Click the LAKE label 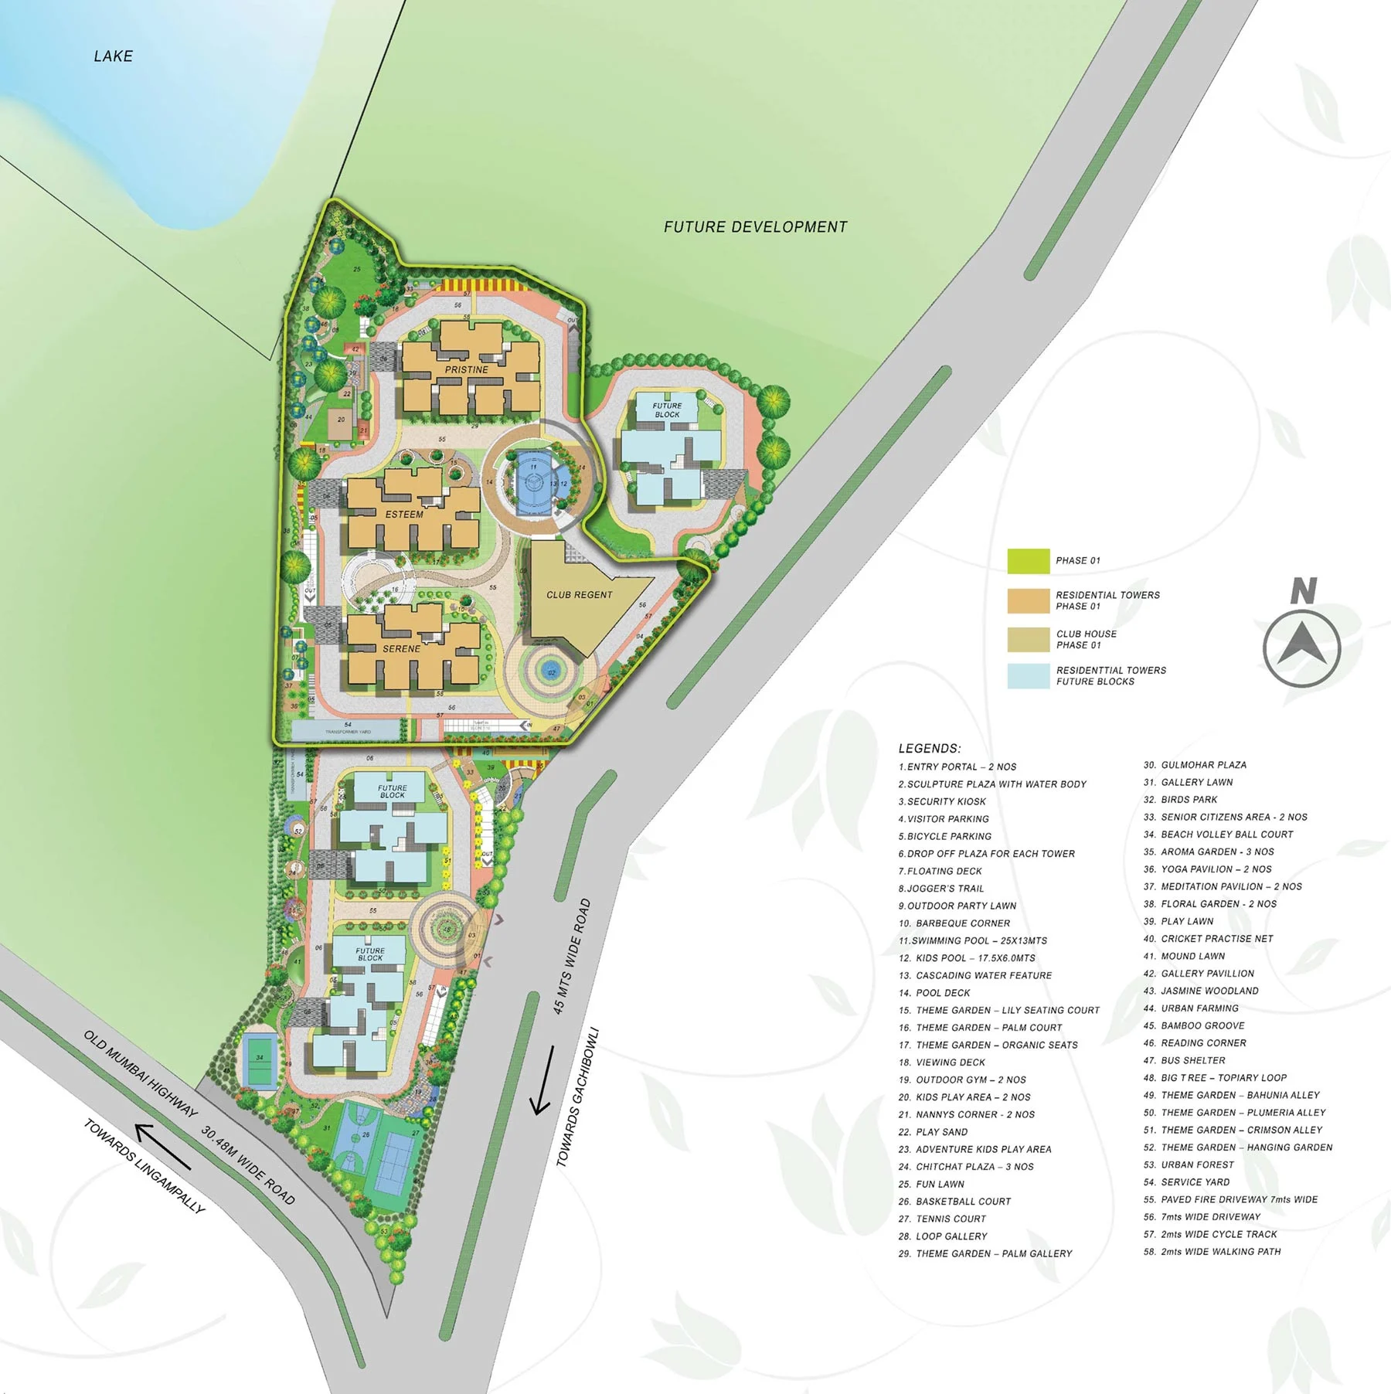pyautogui.click(x=113, y=56)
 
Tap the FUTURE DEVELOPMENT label pyautogui.click(x=755, y=227)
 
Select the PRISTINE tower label pyautogui.click(x=467, y=370)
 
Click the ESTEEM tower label pyautogui.click(x=404, y=515)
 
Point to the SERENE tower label pyautogui.click(x=401, y=649)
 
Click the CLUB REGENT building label pyautogui.click(x=579, y=595)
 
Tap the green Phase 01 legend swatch pyautogui.click(x=1028, y=561)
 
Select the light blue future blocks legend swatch pyautogui.click(x=1028, y=676)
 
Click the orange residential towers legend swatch pyautogui.click(x=1028, y=600)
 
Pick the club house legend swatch pyautogui.click(x=1028, y=639)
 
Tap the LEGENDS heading pyautogui.click(x=929, y=749)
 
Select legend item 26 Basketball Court pyautogui.click(x=962, y=1202)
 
